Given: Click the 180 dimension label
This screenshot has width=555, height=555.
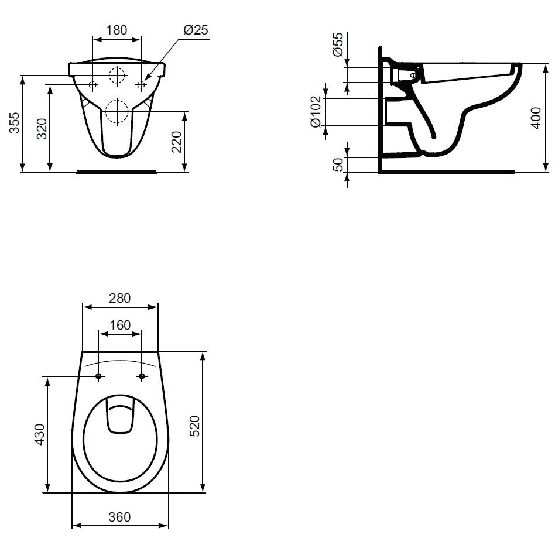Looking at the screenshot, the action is tap(117, 30).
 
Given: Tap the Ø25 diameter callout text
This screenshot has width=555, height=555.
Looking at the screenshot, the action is tap(196, 30).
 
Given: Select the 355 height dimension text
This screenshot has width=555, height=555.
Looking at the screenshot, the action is tap(15, 123).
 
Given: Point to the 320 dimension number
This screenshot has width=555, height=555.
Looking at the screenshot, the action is tap(42, 129).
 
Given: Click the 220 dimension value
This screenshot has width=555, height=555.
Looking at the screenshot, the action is tap(177, 142).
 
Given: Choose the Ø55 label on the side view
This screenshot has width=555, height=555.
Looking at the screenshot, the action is tap(338, 44).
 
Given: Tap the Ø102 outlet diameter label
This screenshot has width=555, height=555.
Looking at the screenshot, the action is tap(316, 112).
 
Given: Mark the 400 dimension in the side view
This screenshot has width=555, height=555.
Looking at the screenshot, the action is tap(537, 118).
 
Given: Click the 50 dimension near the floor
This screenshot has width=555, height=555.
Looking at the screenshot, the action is tap(338, 165).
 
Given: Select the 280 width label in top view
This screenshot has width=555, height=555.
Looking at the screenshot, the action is tap(119, 298).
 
